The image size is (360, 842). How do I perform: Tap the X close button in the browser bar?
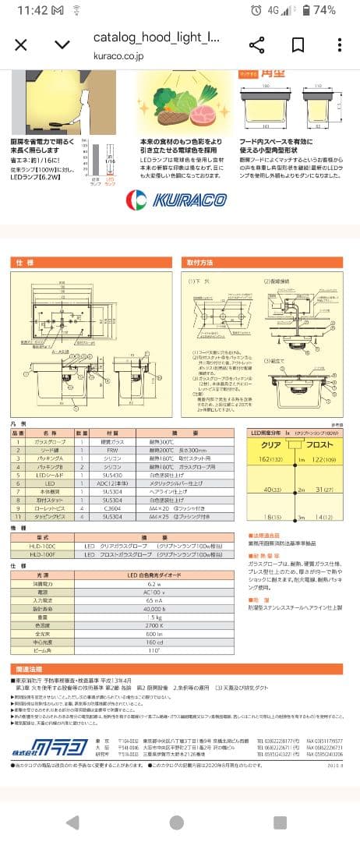(21, 44)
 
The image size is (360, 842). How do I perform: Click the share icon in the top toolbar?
(256, 44)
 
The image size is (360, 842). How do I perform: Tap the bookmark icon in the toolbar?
(298, 44)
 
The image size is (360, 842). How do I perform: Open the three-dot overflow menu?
(339, 44)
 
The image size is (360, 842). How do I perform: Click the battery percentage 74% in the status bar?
(324, 10)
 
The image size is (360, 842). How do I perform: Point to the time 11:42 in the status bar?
(32, 10)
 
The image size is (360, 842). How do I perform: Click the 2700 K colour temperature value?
(154, 624)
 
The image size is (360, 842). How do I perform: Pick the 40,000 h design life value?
(154, 608)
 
